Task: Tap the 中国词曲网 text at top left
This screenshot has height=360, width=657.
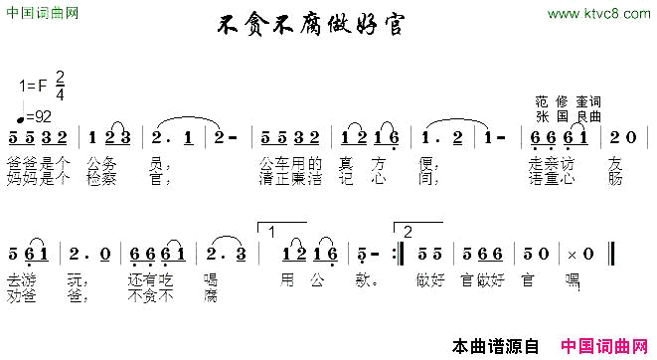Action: pyautogui.click(x=41, y=12)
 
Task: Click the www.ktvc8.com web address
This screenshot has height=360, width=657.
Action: pyautogui.click(x=596, y=13)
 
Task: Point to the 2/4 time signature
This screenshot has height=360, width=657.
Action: pyautogui.click(x=60, y=87)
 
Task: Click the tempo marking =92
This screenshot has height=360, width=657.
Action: pyautogui.click(x=39, y=116)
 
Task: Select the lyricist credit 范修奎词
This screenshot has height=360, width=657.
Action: pyautogui.click(x=567, y=102)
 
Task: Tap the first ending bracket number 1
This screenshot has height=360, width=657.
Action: pyautogui.click(x=271, y=231)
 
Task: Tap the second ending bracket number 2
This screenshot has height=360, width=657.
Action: pyautogui.click(x=408, y=231)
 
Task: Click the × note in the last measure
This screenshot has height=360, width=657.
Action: pyautogui.click(x=573, y=255)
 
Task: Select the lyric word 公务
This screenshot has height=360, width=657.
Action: pyautogui.click(x=101, y=161)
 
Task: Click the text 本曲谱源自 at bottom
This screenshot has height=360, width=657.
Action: pyautogui.click(x=494, y=346)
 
